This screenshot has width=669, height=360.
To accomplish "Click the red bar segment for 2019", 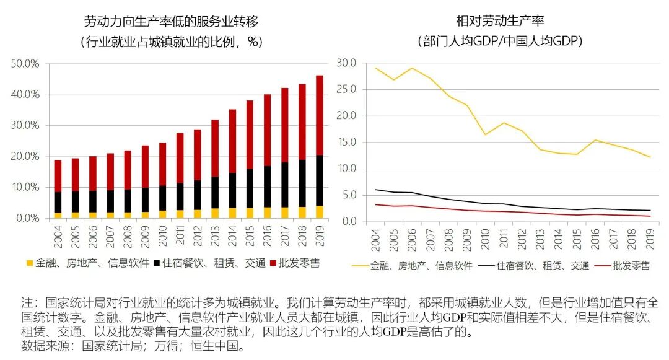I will click(320, 115).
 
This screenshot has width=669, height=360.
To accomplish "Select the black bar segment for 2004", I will click(58, 202).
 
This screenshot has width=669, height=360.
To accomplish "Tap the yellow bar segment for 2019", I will click(320, 212).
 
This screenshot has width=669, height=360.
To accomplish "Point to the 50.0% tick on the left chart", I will click(25, 64).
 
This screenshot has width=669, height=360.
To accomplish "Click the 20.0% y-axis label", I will click(25, 157).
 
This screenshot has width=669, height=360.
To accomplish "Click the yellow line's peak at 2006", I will click(411, 68).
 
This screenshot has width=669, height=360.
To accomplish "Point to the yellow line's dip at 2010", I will click(484, 134).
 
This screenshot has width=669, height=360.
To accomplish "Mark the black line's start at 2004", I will click(375, 190).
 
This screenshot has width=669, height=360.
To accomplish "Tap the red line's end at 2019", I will click(649, 216).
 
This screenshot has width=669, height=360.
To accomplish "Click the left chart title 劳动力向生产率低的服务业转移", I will click(171, 22).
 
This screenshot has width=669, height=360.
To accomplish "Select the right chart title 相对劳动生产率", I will click(500, 22).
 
